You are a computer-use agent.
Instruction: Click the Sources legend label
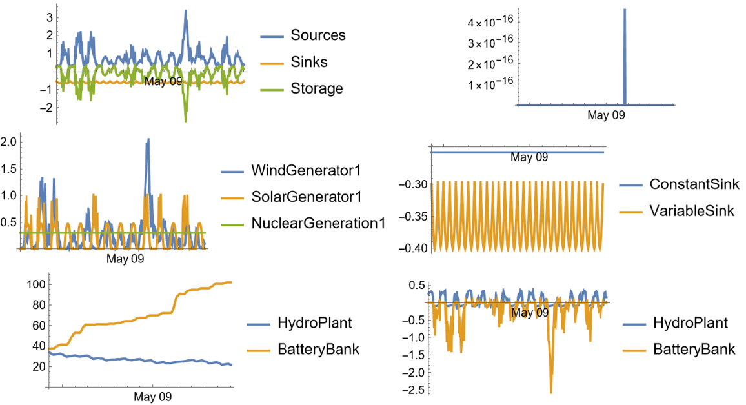tap(318, 35)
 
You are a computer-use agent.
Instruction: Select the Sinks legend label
tap(308, 62)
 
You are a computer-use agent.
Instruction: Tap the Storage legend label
tap(316, 88)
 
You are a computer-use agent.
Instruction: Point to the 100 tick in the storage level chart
tap(32, 284)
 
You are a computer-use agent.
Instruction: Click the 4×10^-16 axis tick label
tap(484, 23)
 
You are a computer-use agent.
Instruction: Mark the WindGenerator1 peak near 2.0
tap(148, 140)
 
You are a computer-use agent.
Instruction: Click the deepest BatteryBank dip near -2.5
tap(551, 391)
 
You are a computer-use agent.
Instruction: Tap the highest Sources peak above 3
tap(185, 11)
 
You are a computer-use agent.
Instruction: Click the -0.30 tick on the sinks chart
tap(410, 184)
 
